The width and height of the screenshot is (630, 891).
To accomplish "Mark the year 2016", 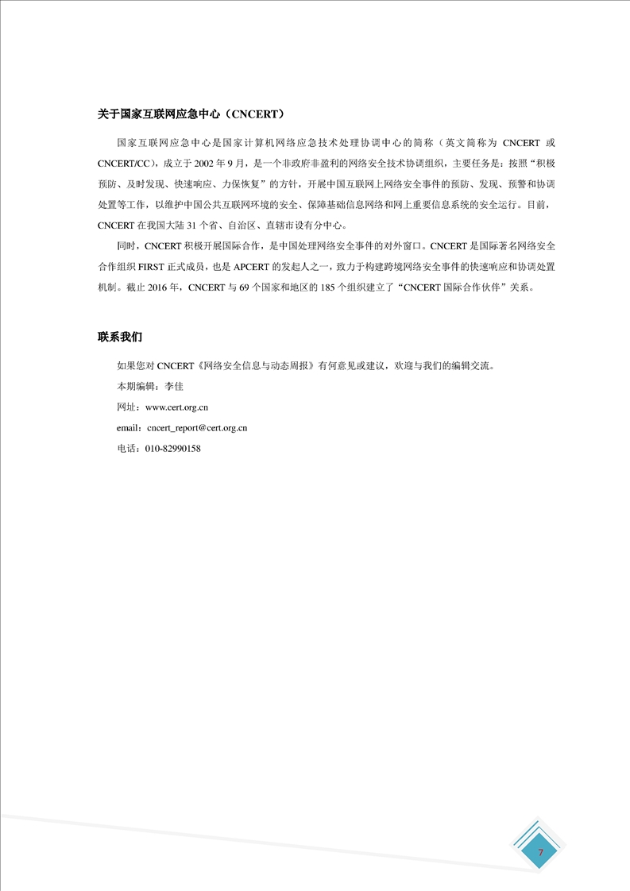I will coord(159,289).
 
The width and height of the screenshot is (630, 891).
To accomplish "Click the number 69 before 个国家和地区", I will coord(243,289).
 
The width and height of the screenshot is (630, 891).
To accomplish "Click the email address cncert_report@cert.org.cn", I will coord(198,427).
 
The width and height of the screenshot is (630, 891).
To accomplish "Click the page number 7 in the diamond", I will coord(541,852).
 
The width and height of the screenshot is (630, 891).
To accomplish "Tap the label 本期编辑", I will coord(135,386).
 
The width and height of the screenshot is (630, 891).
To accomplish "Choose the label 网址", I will coord(126,407).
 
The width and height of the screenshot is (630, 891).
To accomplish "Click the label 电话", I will coord(126,448).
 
